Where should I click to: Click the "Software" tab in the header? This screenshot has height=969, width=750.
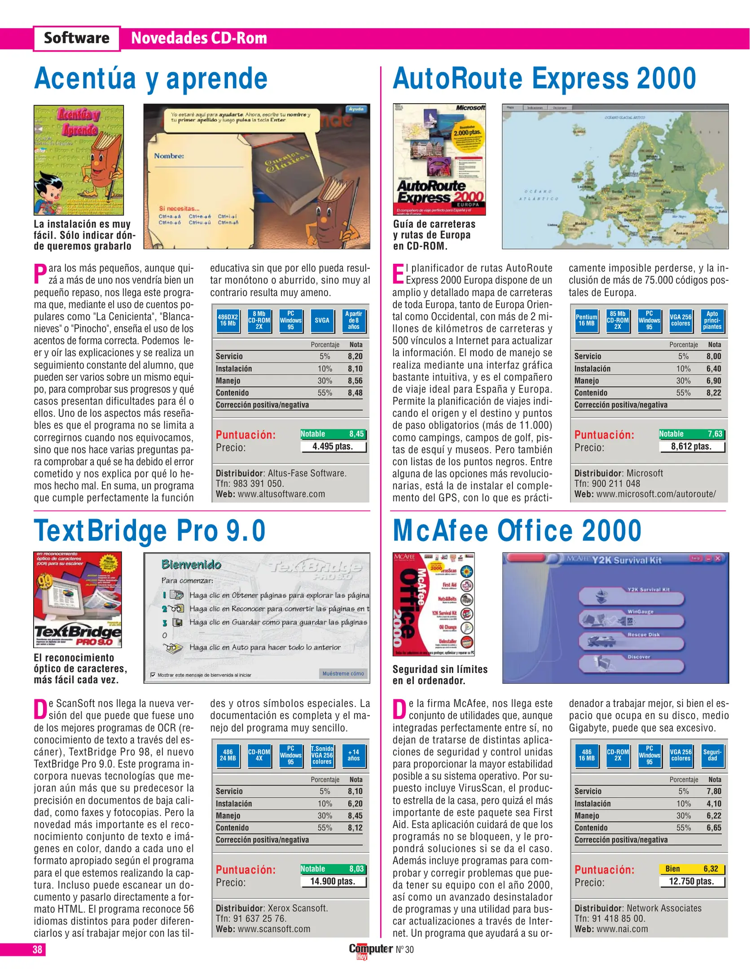(76, 38)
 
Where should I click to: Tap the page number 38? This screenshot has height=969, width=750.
(37, 949)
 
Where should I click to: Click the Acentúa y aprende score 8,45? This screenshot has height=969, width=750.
(357, 434)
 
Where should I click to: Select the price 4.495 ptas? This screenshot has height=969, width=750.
(333, 446)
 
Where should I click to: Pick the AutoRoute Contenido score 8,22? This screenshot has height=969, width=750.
(713, 393)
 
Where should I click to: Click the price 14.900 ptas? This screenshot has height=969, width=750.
(333, 882)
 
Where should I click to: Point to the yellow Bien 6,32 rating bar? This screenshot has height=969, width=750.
(692, 869)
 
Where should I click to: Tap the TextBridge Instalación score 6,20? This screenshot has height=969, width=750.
(355, 803)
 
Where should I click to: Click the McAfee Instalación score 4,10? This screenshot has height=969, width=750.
(714, 803)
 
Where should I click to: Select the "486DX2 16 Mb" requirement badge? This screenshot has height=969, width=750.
(228, 320)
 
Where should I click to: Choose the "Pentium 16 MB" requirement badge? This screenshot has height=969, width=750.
(586, 320)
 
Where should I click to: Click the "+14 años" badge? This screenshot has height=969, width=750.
(354, 755)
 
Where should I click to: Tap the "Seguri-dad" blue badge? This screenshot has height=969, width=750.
(712, 755)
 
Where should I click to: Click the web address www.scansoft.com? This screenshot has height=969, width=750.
(274, 929)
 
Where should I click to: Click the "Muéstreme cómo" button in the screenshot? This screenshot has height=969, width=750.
(343, 673)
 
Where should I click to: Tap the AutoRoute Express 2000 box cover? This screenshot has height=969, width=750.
(439, 159)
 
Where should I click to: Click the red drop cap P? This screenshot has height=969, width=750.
(40, 274)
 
